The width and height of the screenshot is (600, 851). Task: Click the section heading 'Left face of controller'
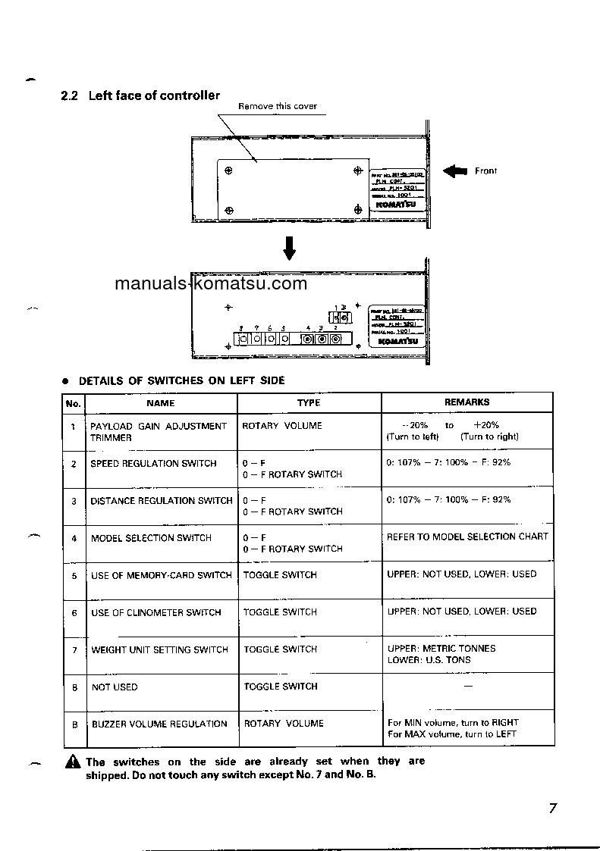coord(154,95)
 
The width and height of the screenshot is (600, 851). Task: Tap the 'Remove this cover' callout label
coord(278,106)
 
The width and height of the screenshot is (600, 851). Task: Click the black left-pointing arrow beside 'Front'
coord(455,171)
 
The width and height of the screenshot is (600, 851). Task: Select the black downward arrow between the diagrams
coord(289,247)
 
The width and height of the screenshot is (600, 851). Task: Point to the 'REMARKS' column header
coord(466,402)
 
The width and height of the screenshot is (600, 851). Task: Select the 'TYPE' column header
coord(309,403)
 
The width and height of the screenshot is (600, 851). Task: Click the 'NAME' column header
coord(161,403)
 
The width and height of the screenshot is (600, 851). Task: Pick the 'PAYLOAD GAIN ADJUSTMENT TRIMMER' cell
coord(159,431)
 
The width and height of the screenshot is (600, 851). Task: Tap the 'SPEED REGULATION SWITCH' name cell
coord(153,463)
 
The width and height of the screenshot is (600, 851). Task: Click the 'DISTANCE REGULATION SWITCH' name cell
coord(162,501)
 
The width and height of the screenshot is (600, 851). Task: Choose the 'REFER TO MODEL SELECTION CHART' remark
coord(467,537)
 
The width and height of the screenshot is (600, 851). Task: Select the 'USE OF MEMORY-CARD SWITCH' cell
coord(162,575)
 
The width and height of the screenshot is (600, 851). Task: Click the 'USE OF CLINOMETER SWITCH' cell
coord(156,612)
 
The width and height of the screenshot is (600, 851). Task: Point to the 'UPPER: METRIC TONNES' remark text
coord(441,649)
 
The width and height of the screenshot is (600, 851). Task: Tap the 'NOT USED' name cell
coord(115,687)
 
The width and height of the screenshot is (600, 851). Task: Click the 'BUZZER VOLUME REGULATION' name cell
coord(159,724)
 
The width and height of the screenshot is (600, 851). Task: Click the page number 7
coord(553,808)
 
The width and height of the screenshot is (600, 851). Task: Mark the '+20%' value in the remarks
coord(486,425)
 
